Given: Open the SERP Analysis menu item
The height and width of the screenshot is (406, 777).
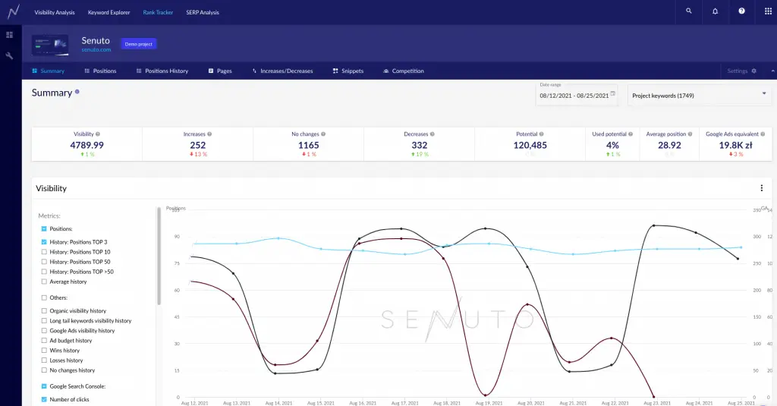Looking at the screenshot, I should click(203, 12).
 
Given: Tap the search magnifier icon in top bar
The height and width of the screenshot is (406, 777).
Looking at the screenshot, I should click(689, 11).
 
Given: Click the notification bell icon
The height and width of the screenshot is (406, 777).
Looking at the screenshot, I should click(716, 11).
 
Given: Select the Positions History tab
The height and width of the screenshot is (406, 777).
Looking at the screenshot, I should click(162, 71).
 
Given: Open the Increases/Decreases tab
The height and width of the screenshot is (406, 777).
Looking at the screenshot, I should click(282, 71).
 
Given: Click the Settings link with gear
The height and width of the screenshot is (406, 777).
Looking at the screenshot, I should click(741, 71).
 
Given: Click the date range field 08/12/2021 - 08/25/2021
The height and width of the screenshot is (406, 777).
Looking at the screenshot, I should click(574, 96).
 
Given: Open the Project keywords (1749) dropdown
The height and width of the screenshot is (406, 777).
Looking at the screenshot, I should click(698, 96).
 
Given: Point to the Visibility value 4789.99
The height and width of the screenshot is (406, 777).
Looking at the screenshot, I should click(87, 145).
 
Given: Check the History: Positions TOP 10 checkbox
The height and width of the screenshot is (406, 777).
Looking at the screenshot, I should click(44, 252).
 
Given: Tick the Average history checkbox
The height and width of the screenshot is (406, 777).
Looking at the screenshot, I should click(44, 282).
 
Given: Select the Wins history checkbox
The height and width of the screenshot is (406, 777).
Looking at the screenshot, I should click(44, 351).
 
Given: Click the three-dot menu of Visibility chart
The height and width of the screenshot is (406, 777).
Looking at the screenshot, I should click(762, 188).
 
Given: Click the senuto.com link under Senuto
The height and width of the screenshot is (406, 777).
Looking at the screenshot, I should click(96, 50).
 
